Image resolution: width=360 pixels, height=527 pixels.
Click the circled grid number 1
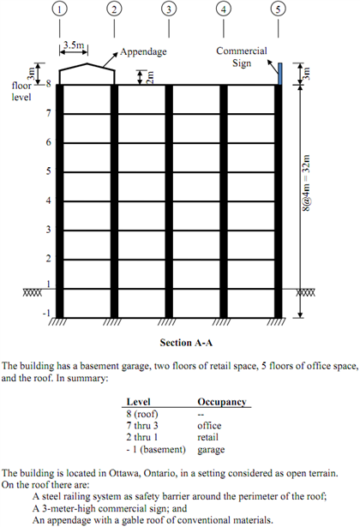[x=59, y=10]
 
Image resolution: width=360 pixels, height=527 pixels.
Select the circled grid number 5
[x=278, y=10]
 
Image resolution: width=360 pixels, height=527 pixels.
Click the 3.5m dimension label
[x=74, y=39]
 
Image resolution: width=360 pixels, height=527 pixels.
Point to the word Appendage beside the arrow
[x=143, y=51]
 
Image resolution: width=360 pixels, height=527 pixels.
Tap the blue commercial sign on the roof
[x=280, y=73]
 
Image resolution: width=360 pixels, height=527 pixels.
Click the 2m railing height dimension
[x=150, y=77]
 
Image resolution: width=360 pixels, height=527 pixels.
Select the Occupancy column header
[x=222, y=401]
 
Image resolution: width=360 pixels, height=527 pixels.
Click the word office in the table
[x=210, y=425]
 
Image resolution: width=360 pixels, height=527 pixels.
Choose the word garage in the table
[x=213, y=449]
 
